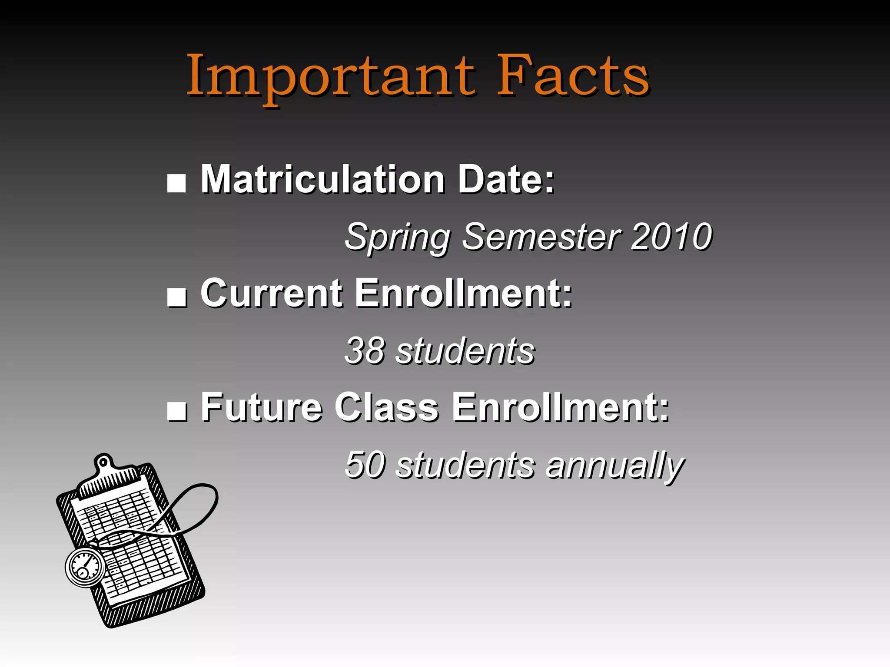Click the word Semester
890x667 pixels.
click(541, 237)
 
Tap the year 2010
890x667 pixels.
click(671, 237)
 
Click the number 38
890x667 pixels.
click(365, 351)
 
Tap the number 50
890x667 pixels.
click(365, 465)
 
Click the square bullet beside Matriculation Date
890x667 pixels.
click(176, 183)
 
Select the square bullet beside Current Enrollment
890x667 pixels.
click(176, 297)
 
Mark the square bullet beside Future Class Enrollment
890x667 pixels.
click(176, 411)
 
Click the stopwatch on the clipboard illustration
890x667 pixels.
click(85, 567)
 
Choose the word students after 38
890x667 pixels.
click(465, 351)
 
